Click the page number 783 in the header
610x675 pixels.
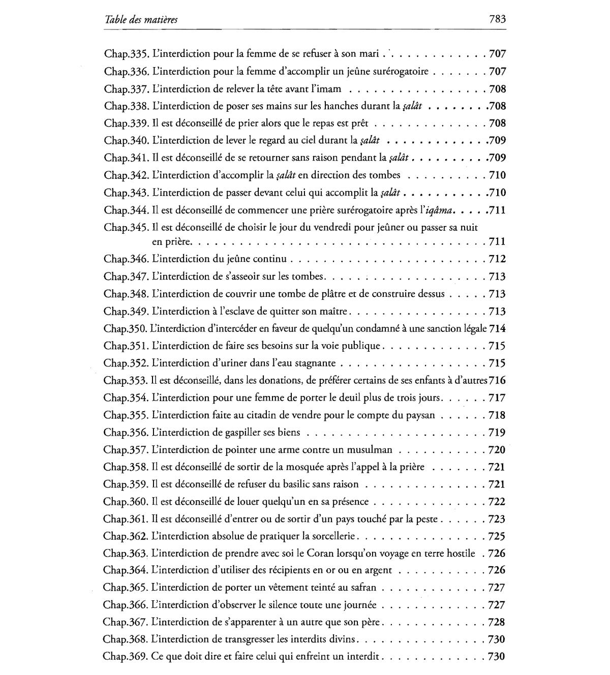(x=496, y=20)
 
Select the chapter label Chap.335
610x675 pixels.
(x=126, y=54)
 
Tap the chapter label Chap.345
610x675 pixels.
(x=126, y=227)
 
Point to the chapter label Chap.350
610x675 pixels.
(x=126, y=328)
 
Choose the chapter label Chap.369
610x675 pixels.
(x=126, y=656)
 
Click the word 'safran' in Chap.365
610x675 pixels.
(x=363, y=588)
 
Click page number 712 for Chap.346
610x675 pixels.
(x=497, y=259)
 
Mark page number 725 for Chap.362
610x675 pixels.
(x=497, y=536)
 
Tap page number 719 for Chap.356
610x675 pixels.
(x=497, y=433)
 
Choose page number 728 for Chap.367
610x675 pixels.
(x=497, y=622)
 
